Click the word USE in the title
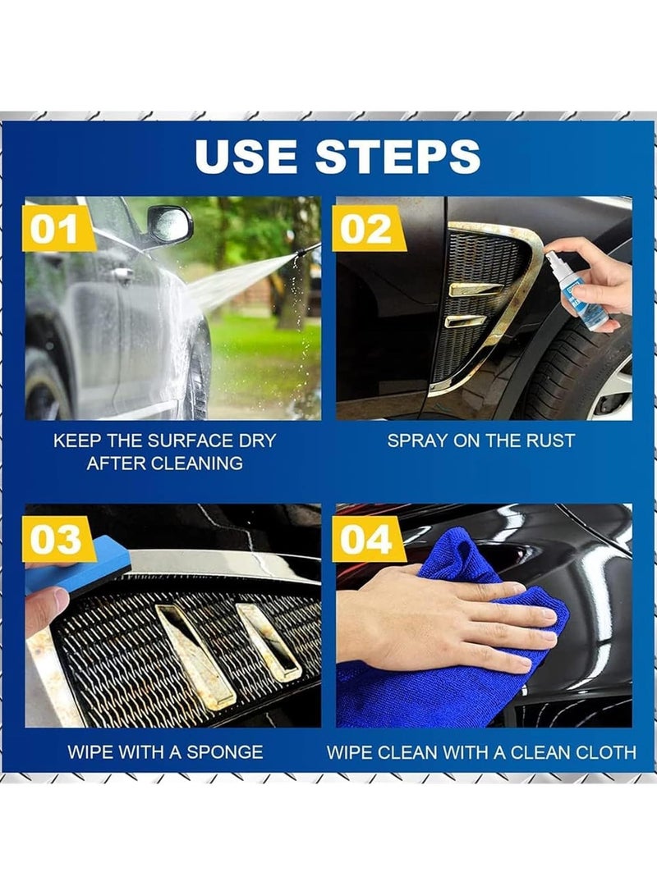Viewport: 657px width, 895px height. (246, 156)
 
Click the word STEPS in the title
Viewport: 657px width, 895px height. (397, 156)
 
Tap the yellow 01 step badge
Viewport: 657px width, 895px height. (57, 230)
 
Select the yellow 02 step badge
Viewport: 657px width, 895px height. (367, 230)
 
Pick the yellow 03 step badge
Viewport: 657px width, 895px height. (57, 540)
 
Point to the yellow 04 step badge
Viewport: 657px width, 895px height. (367, 540)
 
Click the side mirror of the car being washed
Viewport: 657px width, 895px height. (170, 224)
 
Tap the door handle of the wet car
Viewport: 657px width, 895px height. (122, 275)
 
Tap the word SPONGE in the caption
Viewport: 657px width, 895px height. (224, 751)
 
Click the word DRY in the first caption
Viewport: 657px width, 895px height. (256, 441)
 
